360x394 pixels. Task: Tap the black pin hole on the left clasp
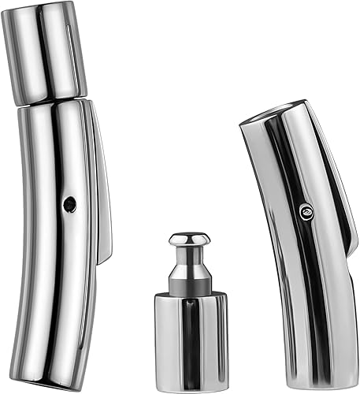tap(69, 203)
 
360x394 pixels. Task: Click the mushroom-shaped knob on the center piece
tap(189, 239)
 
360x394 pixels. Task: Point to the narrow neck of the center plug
tap(189, 256)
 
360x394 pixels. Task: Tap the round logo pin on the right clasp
tap(306, 210)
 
